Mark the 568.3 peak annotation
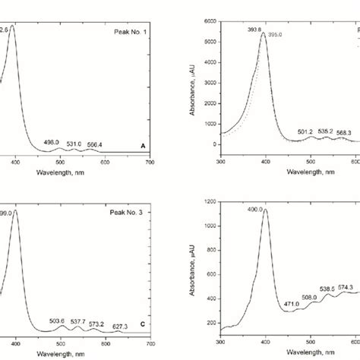pos(343,131)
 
